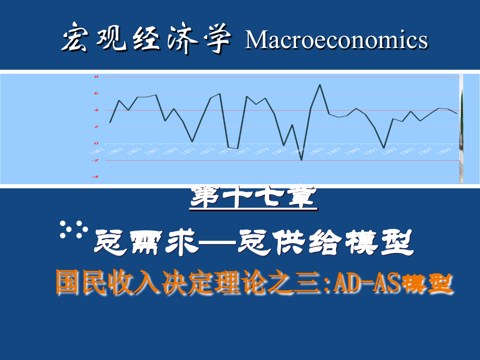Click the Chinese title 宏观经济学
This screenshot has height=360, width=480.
[x=146, y=40]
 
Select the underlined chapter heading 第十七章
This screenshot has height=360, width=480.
[x=254, y=197]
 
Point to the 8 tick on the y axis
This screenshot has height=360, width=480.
[x=96, y=77]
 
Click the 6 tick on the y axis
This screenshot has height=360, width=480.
[x=96, y=93]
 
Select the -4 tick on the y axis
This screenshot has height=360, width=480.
[x=95, y=177]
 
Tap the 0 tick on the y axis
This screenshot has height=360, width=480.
[x=96, y=143]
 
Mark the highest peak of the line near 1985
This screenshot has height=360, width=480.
[x=320, y=85]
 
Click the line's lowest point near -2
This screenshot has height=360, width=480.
[x=302, y=160]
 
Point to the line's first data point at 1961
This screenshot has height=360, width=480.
[x=110, y=123]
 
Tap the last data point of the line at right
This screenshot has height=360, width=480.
[x=457, y=113]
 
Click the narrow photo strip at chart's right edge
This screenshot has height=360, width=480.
[x=461, y=128]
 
